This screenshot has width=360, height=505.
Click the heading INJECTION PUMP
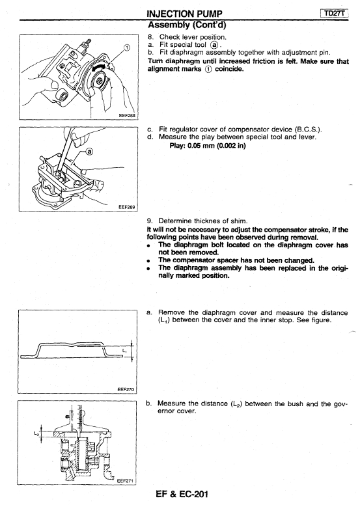(x=184, y=14)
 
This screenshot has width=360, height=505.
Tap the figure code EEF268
(x=129, y=116)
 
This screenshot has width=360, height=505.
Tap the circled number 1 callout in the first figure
(x=127, y=48)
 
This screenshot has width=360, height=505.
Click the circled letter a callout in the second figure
(x=90, y=151)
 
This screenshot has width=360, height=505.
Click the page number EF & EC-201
(x=182, y=495)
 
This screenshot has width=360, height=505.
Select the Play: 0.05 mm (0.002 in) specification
(x=208, y=146)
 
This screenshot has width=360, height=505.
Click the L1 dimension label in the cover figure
(x=124, y=350)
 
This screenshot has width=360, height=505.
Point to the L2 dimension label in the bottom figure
(x=36, y=433)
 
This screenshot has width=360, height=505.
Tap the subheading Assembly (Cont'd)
(x=187, y=25)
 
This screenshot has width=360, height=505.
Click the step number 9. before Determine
(x=150, y=221)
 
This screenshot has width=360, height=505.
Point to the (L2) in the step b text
(x=237, y=404)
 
